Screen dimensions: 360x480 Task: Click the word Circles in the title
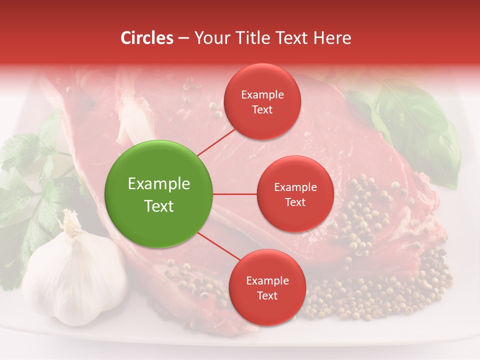tap(147, 38)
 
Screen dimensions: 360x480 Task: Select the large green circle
tap(159, 194)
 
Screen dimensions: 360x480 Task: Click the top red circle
tap(262, 101)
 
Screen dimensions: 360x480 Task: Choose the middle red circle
tap(295, 194)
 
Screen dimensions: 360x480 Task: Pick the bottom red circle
tap(267, 287)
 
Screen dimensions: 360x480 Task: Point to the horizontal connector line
tap(235, 194)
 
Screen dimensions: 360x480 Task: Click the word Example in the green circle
tap(159, 184)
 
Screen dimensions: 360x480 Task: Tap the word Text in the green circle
tap(159, 206)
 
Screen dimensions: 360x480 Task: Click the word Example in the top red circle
tap(262, 95)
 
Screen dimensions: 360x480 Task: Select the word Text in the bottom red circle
tap(267, 295)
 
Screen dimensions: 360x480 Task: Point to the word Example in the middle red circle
tap(295, 187)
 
